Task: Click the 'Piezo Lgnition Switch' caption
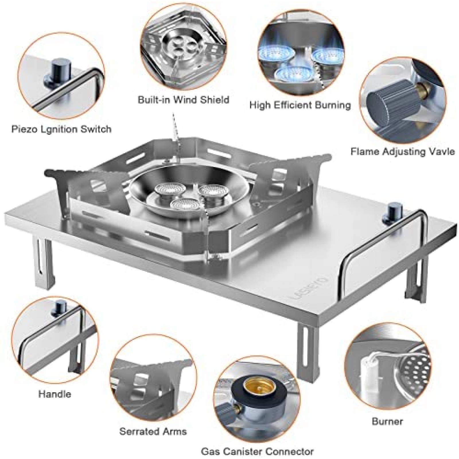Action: point(61,129)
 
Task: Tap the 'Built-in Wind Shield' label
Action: point(183,100)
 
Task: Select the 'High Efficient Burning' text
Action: point(300,105)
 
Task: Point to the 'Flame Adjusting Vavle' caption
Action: point(402,151)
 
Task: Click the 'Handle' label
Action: point(55,394)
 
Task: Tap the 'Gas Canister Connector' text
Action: point(257,452)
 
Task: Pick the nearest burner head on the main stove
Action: point(181,205)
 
